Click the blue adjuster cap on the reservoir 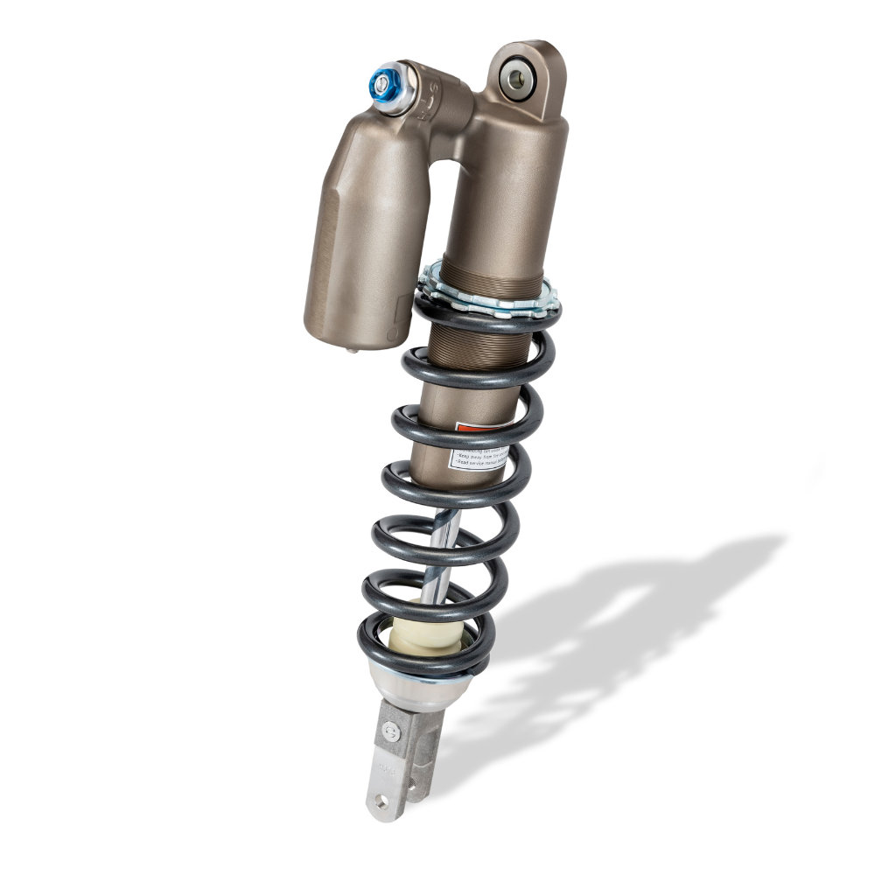pos(382,84)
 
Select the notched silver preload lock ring pos(490,297)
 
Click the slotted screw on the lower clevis pos(392,731)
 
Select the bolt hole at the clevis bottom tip pos(381,800)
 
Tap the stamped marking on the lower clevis pos(387,770)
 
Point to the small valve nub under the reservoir pos(351,350)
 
